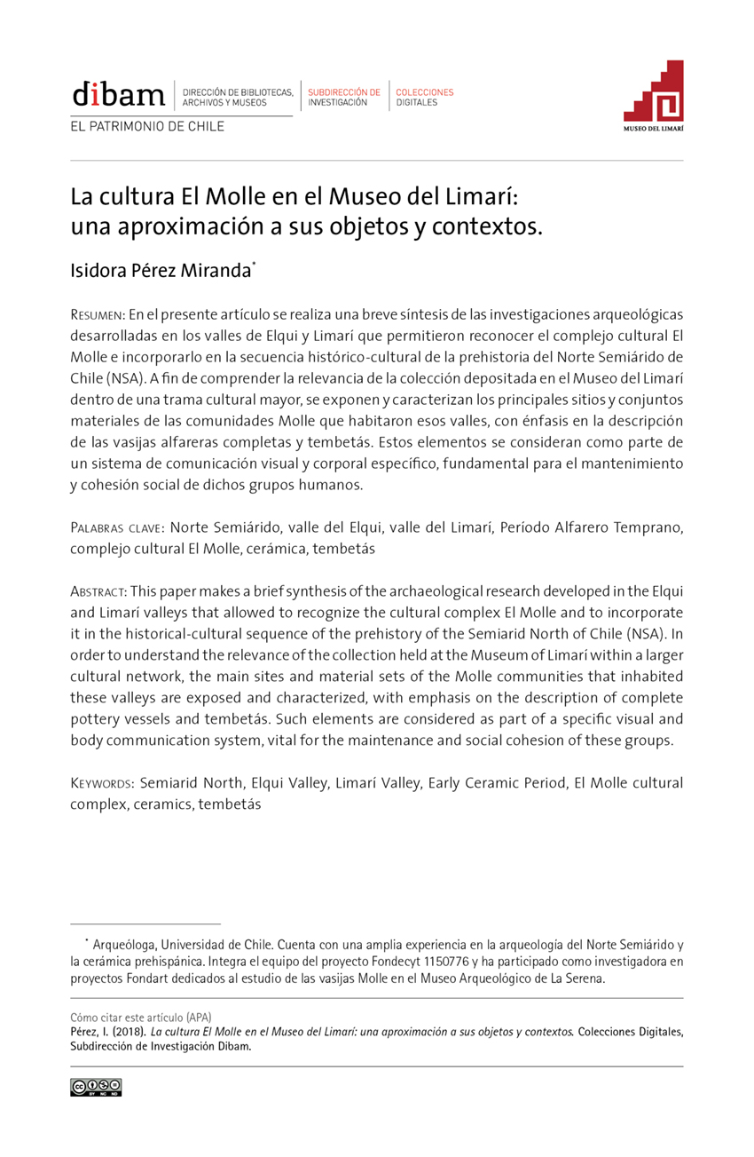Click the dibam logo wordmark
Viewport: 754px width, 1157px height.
click(x=118, y=93)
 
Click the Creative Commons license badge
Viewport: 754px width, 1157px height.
click(x=96, y=1088)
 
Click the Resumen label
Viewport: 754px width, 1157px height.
click(x=97, y=315)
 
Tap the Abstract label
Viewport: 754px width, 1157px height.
click(x=98, y=591)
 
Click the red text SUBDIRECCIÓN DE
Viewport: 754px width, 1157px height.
click(x=344, y=92)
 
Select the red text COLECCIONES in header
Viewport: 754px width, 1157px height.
click(x=425, y=92)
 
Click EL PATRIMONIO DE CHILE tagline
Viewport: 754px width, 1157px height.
click(x=147, y=126)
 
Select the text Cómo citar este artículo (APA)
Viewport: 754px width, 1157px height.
click(x=140, y=1017)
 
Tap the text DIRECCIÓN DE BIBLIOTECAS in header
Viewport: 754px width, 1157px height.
click(x=237, y=92)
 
